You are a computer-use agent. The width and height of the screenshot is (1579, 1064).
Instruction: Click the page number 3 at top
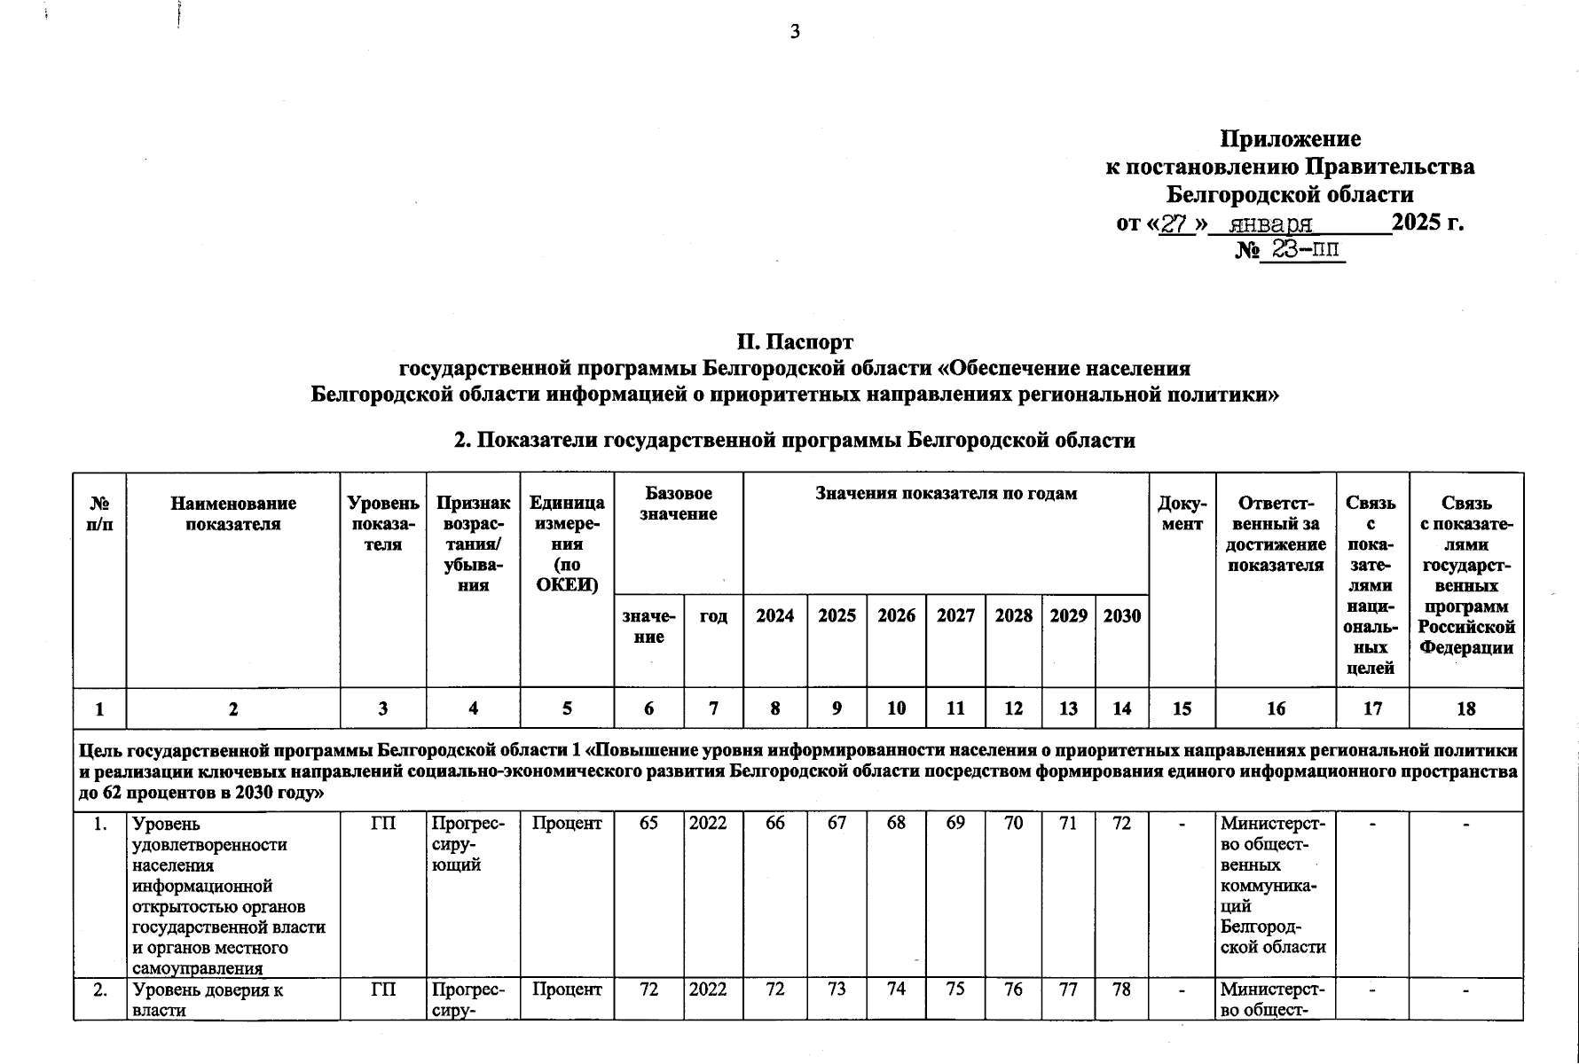pyautogui.click(x=795, y=33)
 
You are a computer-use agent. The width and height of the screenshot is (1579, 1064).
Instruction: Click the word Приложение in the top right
pyautogui.click(x=1290, y=139)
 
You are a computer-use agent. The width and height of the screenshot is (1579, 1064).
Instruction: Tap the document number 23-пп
pyautogui.click(x=1302, y=250)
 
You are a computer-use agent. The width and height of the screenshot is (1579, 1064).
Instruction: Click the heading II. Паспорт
pyautogui.click(x=795, y=342)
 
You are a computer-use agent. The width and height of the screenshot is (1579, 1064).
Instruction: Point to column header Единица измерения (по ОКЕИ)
pyautogui.click(x=567, y=544)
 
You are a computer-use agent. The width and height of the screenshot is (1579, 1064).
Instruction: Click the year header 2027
pyautogui.click(x=955, y=615)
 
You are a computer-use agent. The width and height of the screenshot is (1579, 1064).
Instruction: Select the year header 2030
pyautogui.click(x=1121, y=615)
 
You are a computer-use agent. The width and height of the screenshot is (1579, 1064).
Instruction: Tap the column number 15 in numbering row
pyautogui.click(x=1182, y=708)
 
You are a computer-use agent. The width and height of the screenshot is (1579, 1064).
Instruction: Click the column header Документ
pyautogui.click(x=1182, y=513)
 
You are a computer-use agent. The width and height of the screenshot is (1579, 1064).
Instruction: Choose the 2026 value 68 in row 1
pyautogui.click(x=896, y=824)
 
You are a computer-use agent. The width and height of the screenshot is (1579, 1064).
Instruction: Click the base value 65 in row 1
pyautogui.click(x=648, y=824)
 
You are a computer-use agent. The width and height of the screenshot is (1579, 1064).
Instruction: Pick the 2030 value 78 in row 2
pyautogui.click(x=1121, y=990)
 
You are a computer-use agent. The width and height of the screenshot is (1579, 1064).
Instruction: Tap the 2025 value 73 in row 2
pyautogui.click(x=837, y=990)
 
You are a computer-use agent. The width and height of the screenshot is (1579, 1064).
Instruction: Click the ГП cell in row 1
pyautogui.click(x=382, y=824)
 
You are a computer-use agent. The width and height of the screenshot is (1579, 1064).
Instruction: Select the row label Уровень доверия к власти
pyautogui.click(x=208, y=999)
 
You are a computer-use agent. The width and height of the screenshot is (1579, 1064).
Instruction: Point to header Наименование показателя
pyautogui.click(x=233, y=513)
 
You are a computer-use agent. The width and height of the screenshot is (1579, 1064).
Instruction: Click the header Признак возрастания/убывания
pyautogui.click(x=473, y=544)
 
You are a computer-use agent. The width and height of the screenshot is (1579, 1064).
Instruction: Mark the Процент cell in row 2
pyautogui.click(x=567, y=990)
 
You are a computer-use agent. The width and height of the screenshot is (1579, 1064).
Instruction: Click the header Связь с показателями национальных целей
pyautogui.click(x=1371, y=585)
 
